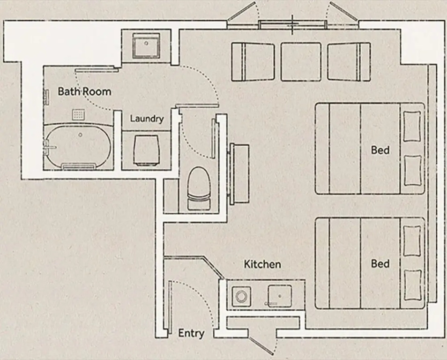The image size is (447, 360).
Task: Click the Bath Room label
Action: tap(84, 91)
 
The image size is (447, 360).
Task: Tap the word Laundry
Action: tap(147, 119)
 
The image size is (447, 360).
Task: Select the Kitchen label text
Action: tap(262, 264)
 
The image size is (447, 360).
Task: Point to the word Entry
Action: tap(191, 333)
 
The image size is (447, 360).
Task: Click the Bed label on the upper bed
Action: tap(380, 150)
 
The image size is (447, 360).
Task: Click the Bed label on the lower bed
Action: tap(380, 263)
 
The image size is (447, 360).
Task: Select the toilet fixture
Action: tap(199, 188)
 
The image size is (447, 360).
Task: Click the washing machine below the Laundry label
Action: tap(146, 150)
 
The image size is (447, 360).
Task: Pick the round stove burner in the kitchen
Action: tap(241, 297)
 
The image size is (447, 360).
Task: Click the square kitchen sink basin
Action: tap(280, 296)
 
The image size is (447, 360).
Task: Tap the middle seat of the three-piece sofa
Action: tap(301, 61)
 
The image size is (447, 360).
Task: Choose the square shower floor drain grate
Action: tap(78, 114)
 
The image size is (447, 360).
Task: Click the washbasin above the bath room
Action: tap(146, 45)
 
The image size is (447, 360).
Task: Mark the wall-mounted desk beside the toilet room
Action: tap(240, 174)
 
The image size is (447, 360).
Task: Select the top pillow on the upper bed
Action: tap(412, 127)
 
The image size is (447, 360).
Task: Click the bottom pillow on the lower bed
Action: tap(412, 285)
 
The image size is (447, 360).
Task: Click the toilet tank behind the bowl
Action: tap(199, 204)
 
